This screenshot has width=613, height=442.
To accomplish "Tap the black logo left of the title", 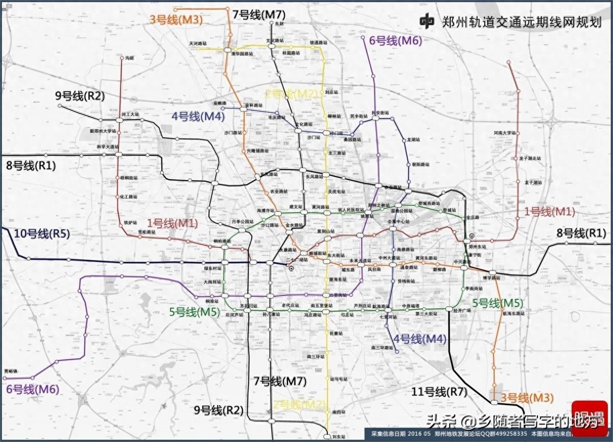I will coord(428,21).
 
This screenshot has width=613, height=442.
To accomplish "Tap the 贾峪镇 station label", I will coord(11,370).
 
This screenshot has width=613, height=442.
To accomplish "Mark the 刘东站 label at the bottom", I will coord(338,437).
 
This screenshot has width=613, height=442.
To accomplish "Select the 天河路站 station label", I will coord(198,44).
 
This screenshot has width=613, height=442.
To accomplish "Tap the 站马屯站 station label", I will coord(339,379).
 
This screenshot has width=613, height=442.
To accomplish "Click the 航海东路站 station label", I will coord(514,313).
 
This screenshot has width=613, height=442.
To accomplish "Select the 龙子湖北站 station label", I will coord(530,158).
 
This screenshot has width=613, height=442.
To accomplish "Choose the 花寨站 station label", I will coord(336,333).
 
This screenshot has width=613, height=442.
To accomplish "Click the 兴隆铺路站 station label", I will coord(257,151).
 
